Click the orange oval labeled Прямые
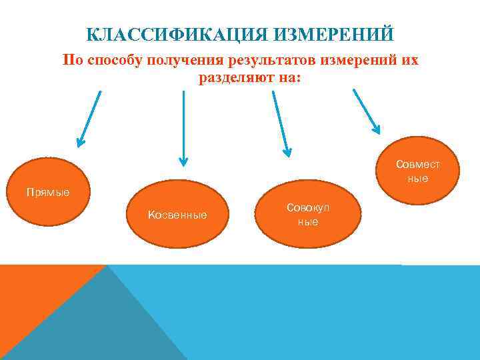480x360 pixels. (49, 193)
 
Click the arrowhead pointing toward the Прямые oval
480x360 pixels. (80, 141)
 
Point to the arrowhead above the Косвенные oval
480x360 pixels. (183, 161)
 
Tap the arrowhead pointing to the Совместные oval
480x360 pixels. (376, 129)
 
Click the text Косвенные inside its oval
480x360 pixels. (177, 215)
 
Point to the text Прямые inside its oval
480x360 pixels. (47, 193)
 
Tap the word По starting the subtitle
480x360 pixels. (71, 61)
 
